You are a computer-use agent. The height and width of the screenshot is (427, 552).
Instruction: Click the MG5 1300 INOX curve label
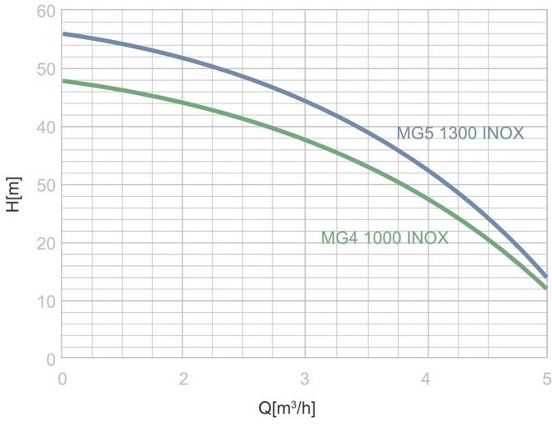[459, 133]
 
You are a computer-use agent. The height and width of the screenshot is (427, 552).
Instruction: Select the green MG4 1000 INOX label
[384, 239]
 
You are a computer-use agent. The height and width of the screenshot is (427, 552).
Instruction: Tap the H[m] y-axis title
[13, 193]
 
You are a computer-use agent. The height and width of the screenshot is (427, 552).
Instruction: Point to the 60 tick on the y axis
[45, 12]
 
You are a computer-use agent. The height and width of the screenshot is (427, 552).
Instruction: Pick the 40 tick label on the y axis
[45, 128]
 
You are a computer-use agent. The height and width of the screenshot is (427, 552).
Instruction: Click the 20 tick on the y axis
[45, 244]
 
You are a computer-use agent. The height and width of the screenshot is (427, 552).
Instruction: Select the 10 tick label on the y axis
[45, 301]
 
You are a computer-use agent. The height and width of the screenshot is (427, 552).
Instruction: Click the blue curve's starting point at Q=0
[64, 34]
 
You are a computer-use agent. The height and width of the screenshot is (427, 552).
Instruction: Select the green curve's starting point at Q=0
[64, 81]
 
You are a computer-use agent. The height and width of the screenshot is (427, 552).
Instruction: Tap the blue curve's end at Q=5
[546, 276]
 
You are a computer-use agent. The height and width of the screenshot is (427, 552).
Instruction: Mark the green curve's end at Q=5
[546, 288]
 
